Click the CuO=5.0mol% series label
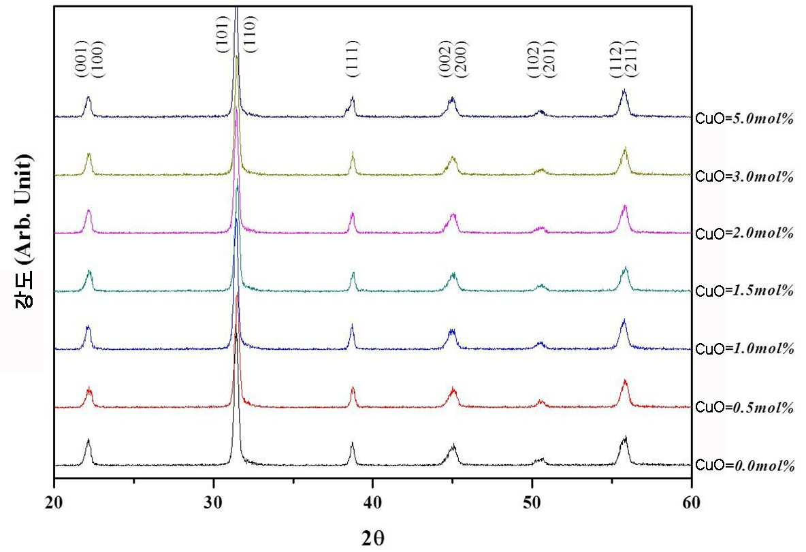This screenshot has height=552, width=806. click(745, 118)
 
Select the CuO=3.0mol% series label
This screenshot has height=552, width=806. click(745, 177)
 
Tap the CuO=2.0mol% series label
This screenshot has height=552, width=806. click(745, 234)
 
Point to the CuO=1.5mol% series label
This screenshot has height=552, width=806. click(745, 291)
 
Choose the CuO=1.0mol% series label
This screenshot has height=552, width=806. click(745, 349)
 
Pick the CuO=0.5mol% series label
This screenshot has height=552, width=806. click(745, 408)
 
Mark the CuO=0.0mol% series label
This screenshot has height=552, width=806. click(745, 466)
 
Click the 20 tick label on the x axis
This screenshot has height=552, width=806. click(54, 503)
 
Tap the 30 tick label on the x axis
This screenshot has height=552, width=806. click(213, 503)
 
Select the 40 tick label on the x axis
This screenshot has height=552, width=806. click(372, 503)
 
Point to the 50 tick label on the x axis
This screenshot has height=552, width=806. click(532, 503)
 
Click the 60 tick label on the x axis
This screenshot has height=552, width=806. click(692, 503)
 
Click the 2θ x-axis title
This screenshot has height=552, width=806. click(372, 538)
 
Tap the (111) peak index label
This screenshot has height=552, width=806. click(353, 59)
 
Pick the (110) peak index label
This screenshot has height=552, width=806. click(251, 35)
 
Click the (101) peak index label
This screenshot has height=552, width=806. click(222, 35)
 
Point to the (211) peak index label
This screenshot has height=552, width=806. click(632, 59)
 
